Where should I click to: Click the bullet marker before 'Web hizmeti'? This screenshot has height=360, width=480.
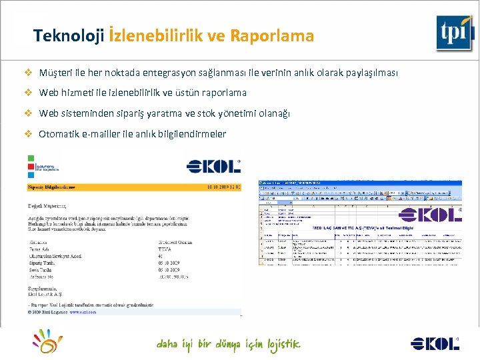tap(28, 93)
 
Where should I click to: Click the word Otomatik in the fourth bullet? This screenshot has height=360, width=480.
tap(59, 134)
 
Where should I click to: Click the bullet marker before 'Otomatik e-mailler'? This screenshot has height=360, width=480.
tap(28, 134)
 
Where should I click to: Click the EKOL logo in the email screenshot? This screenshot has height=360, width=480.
tap(213, 167)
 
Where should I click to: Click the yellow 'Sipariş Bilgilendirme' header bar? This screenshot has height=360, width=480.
tap(133, 188)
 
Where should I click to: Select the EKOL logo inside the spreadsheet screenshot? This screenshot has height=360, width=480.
tap(430, 215)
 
